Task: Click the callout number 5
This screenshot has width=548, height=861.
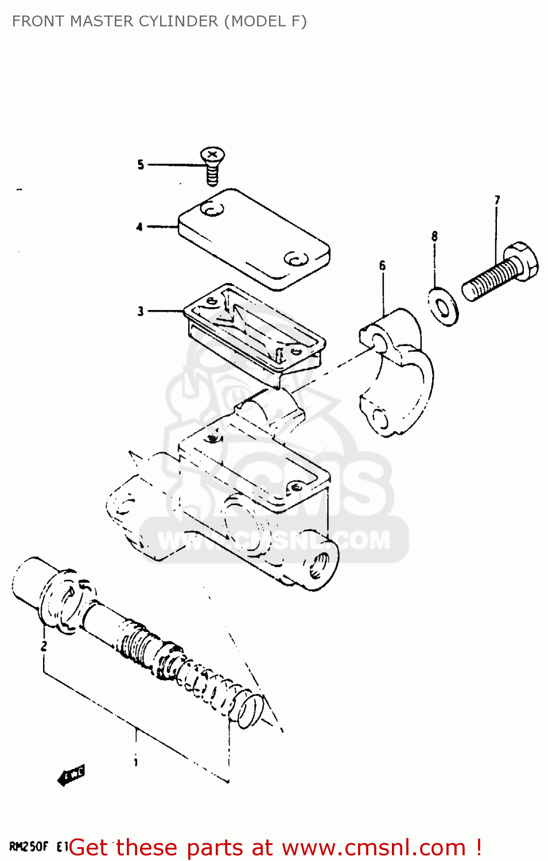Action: pyautogui.click(x=141, y=165)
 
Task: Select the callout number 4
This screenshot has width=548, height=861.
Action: pyautogui.click(x=139, y=227)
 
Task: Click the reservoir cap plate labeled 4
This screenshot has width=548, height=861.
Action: pyautogui.click(x=254, y=239)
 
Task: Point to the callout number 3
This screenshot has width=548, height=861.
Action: pyautogui.click(x=141, y=311)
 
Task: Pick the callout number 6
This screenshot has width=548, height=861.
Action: pyautogui.click(x=382, y=265)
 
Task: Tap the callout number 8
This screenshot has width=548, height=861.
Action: pyautogui.click(x=434, y=236)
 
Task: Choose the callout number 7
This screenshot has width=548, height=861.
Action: pyautogui.click(x=497, y=200)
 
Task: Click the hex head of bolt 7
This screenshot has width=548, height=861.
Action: pyautogui.click(x=521, y=261)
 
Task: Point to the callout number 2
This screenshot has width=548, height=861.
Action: pyautogui.click(x=44, y=646)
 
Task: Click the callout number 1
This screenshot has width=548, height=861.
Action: pyautogui.click(x=135, y=762)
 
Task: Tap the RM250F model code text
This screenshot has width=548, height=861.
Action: pyautogui.click(x=29, y=846)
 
